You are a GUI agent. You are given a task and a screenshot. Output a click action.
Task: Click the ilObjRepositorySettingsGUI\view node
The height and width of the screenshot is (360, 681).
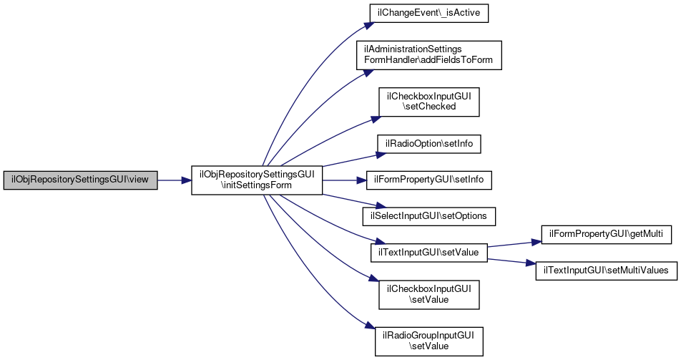[80, 180]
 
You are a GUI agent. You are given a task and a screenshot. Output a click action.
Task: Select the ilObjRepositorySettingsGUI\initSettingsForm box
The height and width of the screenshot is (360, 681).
[257, 180]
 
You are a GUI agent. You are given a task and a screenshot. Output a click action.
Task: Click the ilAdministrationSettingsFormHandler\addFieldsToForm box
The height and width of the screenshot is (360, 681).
[428, 54]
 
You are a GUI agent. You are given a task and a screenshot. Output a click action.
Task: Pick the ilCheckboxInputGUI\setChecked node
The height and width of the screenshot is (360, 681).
[428, 101]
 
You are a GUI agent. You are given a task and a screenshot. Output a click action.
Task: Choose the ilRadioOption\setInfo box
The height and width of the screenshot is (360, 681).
[428, 144]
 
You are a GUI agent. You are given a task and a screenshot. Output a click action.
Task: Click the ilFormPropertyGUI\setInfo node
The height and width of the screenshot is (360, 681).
[428, 180]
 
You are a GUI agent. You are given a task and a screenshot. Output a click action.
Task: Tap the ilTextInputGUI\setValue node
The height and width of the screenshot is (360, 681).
[428, 251]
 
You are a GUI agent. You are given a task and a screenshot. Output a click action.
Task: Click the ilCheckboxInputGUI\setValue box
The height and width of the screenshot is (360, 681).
[428, 294]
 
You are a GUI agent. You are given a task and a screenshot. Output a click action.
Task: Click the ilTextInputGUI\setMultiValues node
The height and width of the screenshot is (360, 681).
[607, 270]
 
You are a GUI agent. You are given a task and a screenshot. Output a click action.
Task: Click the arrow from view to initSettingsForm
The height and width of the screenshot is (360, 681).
[174, 180]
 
